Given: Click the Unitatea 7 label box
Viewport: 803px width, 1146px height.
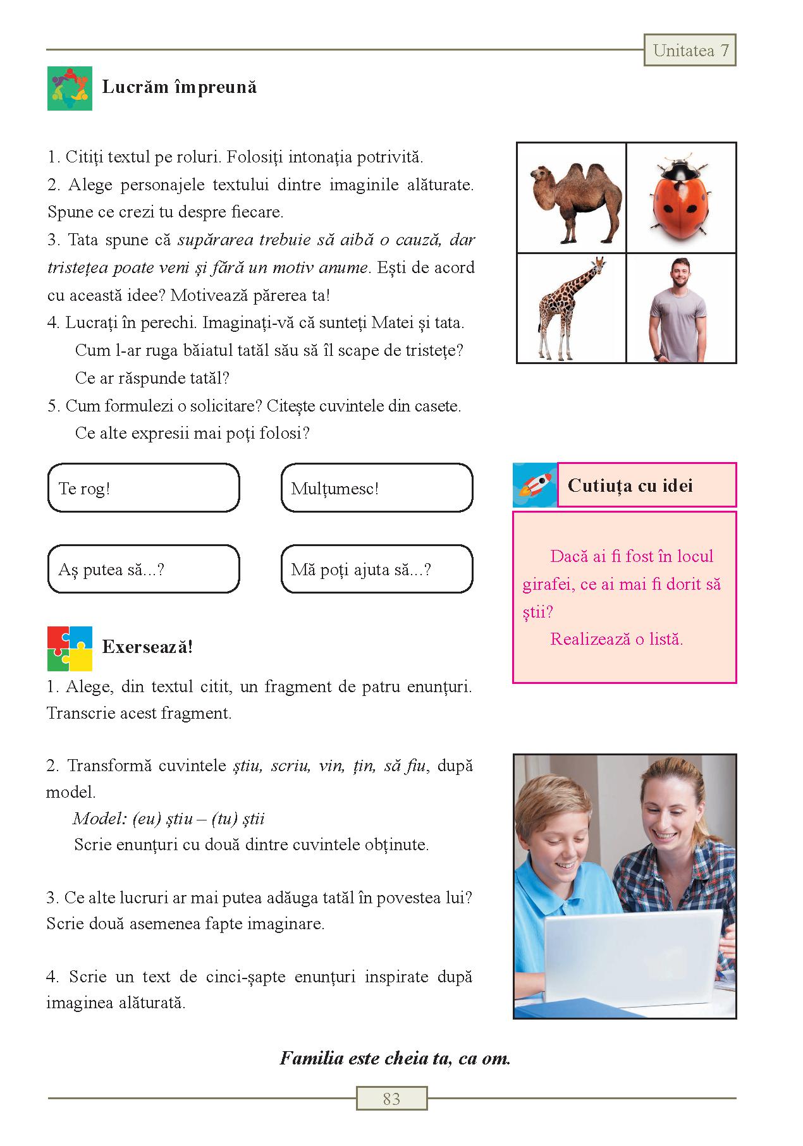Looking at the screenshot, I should [x=690, y=51].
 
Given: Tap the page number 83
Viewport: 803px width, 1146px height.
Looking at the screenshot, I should [x=391, y=1099].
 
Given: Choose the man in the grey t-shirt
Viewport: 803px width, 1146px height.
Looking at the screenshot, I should [x=680, y=308].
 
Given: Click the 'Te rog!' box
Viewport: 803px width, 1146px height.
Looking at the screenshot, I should [x=144, y=488].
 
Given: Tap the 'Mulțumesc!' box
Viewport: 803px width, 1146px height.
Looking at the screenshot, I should [x=376, y=488].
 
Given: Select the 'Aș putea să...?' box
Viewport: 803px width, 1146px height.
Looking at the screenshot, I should [x=144, y=569].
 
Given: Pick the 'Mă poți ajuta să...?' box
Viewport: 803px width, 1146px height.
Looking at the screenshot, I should [x=376, y=569].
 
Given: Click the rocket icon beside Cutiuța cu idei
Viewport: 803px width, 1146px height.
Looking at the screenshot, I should [x=534, y=485].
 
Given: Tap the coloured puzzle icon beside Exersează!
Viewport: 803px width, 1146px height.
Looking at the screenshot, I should [x=70, y=649].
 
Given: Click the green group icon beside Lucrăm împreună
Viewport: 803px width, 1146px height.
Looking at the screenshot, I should [x=70, y=88].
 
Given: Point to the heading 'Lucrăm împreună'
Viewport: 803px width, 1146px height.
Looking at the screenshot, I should [x=180, y=87].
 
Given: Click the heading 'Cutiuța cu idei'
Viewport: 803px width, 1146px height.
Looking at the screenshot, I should [x=630, y=485].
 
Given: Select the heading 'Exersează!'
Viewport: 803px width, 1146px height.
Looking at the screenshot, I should [x=147, y=647].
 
